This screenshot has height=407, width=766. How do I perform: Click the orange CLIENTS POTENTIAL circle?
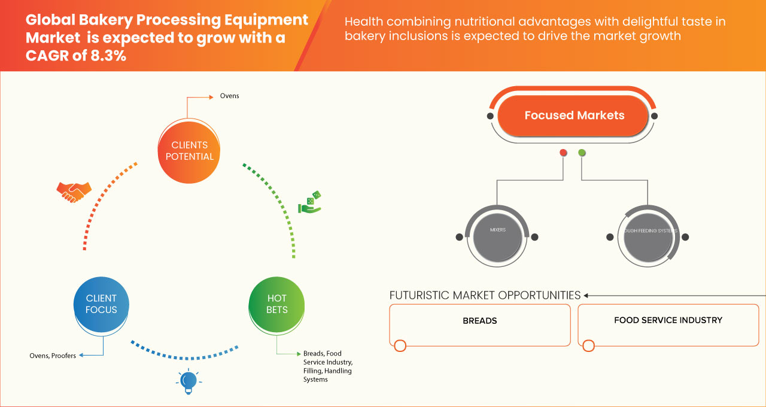(x=189, y=151)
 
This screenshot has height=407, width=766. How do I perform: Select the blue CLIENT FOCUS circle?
(x=101, y=304)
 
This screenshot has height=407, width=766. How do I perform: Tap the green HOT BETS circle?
(x=277, y=304)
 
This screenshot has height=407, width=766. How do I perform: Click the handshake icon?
(x=74, y=192)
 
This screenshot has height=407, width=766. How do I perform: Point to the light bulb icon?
(x=189, y=381)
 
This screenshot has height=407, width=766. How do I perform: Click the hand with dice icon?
(x=310, y=202)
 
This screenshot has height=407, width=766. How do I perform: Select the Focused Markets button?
(x=574, y=116)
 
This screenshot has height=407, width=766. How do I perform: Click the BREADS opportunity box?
(x=480, y=324)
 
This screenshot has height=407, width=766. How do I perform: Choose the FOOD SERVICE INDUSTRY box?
(x=668, y=324)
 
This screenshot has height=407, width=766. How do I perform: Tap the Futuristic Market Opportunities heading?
(x=485, y=295)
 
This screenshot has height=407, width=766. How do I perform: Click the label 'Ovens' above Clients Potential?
(x=229, y=96)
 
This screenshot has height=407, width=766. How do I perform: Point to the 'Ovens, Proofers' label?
(x=53, y=356)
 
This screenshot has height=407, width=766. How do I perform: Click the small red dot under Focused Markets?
(x=563, y=153)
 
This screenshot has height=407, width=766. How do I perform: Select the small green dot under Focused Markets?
(x=582, y=153)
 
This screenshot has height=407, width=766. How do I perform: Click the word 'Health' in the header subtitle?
(x=364, y=22)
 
